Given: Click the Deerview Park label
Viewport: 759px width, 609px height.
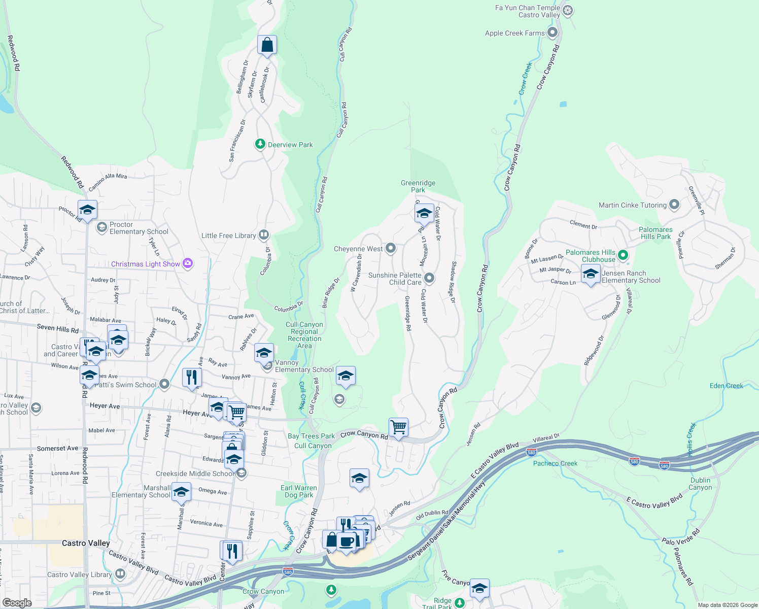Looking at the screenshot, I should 290,145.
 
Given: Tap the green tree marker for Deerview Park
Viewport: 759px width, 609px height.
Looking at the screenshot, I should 260,144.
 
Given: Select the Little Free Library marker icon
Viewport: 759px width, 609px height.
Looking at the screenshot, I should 263,234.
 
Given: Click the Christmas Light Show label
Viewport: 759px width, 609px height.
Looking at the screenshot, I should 146,264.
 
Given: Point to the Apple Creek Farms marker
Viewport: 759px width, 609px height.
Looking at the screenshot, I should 553,33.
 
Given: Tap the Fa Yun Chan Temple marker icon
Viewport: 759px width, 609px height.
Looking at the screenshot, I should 568,11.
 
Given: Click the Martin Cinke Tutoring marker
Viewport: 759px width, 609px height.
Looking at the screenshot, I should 674,205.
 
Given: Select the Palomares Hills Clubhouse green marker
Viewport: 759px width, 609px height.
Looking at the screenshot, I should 624,255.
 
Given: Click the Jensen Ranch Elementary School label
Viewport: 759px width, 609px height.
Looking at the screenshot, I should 631,277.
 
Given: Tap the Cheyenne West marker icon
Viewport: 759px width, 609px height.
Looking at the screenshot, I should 391,248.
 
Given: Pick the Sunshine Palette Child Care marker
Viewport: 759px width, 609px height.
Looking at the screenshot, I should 429,278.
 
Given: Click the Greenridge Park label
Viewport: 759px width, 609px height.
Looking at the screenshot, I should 418,186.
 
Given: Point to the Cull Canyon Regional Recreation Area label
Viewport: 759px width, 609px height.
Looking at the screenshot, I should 304,335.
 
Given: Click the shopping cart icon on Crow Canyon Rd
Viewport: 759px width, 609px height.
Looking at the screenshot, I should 399,427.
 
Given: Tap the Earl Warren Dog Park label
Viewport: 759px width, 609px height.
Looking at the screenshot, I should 299,491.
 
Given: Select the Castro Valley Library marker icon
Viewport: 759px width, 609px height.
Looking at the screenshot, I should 120,574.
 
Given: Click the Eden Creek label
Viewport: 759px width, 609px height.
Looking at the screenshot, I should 726,386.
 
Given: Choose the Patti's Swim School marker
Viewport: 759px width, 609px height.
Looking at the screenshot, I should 164,384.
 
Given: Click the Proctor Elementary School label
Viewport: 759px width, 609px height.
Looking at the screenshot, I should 139,228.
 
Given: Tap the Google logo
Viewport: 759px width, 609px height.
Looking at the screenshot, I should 17,602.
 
